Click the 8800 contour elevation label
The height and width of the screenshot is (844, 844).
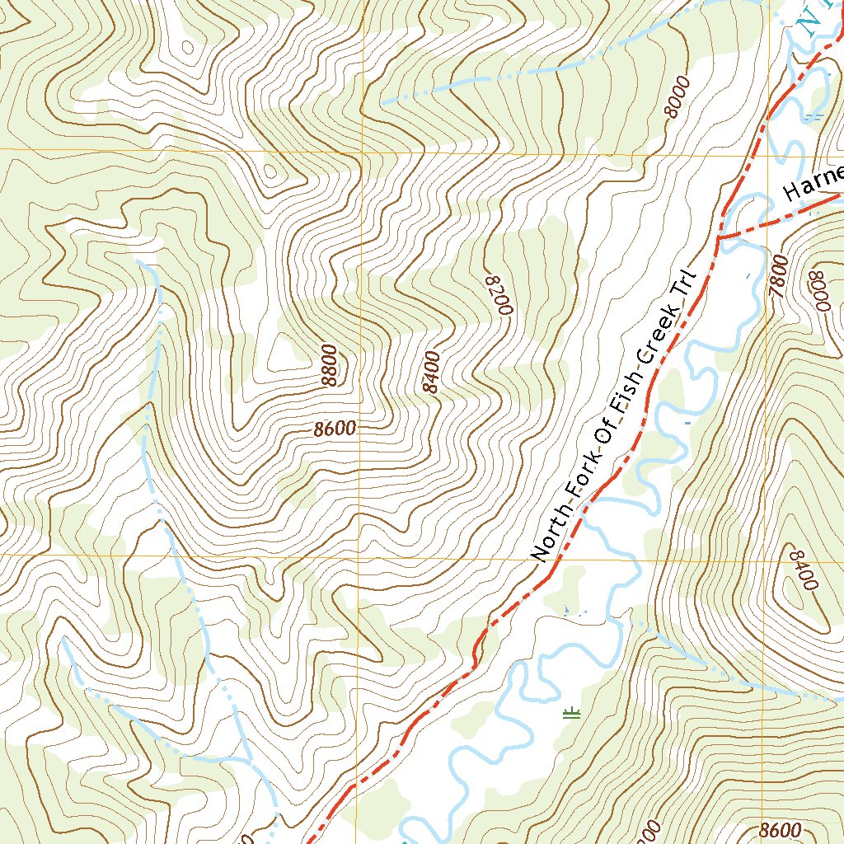click(x=329, y=366)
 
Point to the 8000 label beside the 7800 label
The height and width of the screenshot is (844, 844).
click(x=820, y=290)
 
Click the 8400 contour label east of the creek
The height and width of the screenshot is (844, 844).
click(x=801, y=568)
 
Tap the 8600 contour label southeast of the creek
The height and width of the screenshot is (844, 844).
click(x=779, y=829)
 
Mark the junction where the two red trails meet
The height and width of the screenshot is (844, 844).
click(x=719, y=237)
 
